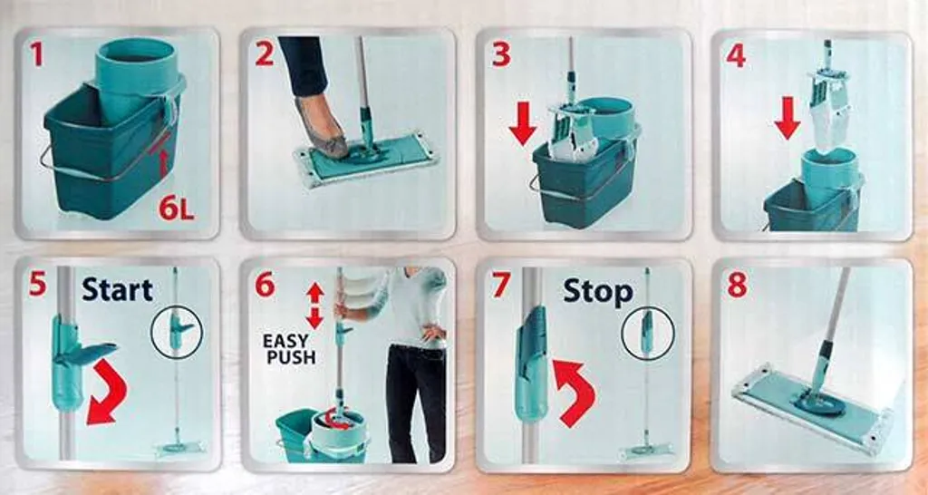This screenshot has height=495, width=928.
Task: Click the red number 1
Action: click(36, 53)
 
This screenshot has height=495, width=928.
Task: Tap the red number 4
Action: click(736, 54)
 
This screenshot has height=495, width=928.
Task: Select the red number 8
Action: click(738, 285)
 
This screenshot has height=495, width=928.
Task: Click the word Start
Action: click(117, 289)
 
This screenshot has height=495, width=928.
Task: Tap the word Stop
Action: click(598, 291)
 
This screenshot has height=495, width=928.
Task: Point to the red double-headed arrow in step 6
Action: click(314, 306)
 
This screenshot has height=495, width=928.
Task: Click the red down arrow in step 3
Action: click(523, 123)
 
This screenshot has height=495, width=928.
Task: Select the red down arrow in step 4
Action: click(788, 118)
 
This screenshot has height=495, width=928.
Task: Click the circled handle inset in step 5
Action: click(177, 332)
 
